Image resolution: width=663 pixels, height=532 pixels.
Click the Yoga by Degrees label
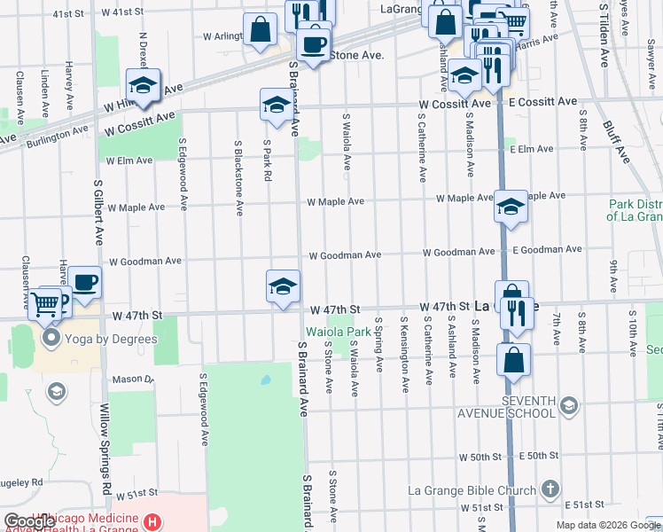110,339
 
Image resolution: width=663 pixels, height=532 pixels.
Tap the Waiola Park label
337,332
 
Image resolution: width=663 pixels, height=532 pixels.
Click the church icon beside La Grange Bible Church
550,489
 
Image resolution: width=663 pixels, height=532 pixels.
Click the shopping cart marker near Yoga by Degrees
44,303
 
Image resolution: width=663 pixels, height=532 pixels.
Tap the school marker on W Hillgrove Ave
142,85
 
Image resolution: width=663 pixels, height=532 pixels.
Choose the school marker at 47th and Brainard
283,286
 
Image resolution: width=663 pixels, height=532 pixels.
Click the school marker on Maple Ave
511,207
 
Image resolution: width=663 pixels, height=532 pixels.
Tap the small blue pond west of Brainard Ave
264,380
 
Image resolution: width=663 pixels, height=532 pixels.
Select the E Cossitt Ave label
542,104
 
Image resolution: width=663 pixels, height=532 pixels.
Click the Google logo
28,522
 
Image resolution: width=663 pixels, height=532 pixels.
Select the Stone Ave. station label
356,55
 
